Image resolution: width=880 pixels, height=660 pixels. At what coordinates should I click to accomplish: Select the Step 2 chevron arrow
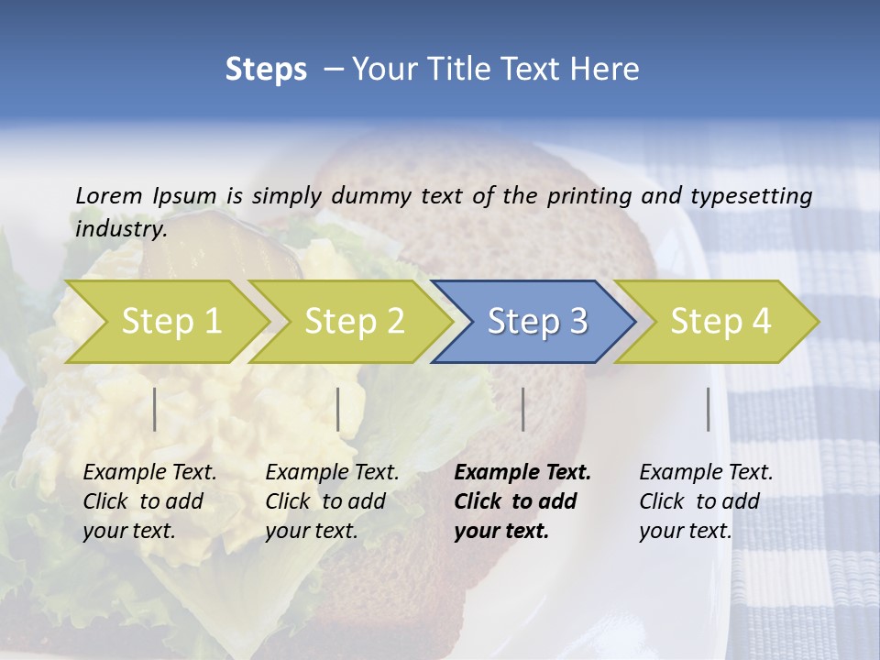354,321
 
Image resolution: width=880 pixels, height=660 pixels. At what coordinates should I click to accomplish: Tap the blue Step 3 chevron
537,321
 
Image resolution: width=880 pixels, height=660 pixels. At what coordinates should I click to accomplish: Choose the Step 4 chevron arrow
720,321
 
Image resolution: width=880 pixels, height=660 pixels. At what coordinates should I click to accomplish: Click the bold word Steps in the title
266,70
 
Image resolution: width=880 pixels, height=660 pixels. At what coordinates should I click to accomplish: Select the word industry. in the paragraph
121,228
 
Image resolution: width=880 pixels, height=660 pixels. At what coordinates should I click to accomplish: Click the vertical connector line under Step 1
155,409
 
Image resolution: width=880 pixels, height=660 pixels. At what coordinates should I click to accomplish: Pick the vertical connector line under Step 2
338,409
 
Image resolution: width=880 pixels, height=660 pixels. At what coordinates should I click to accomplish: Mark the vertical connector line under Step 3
522,409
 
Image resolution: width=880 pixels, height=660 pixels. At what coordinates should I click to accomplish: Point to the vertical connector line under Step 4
709,409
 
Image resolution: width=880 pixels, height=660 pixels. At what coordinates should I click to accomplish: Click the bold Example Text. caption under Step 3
522,472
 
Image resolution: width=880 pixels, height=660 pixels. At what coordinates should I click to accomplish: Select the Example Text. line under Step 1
150,472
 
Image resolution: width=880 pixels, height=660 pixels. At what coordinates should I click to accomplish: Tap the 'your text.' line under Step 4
686,531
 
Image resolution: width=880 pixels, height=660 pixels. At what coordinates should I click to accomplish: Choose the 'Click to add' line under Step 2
325,501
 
